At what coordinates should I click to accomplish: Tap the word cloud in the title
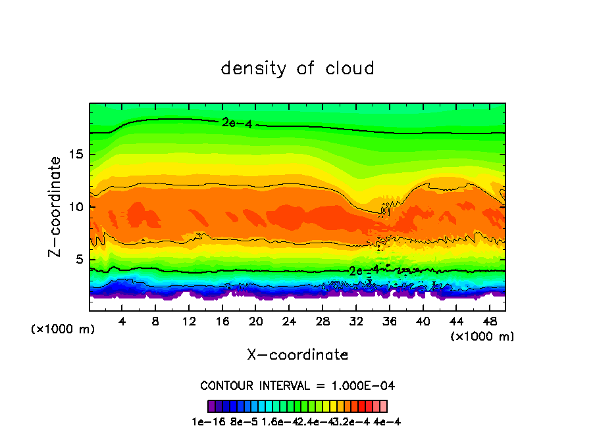tap(351, 68)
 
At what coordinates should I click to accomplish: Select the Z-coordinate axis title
tap(57, 206)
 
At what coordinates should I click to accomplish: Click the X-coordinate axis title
tap(297, 355)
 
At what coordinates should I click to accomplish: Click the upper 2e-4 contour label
tap(236, 122)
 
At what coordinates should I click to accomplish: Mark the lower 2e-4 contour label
tap(363, 270)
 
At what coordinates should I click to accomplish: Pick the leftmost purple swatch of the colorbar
tap(211, 406)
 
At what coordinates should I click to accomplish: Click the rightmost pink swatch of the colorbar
tap(383, 406)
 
